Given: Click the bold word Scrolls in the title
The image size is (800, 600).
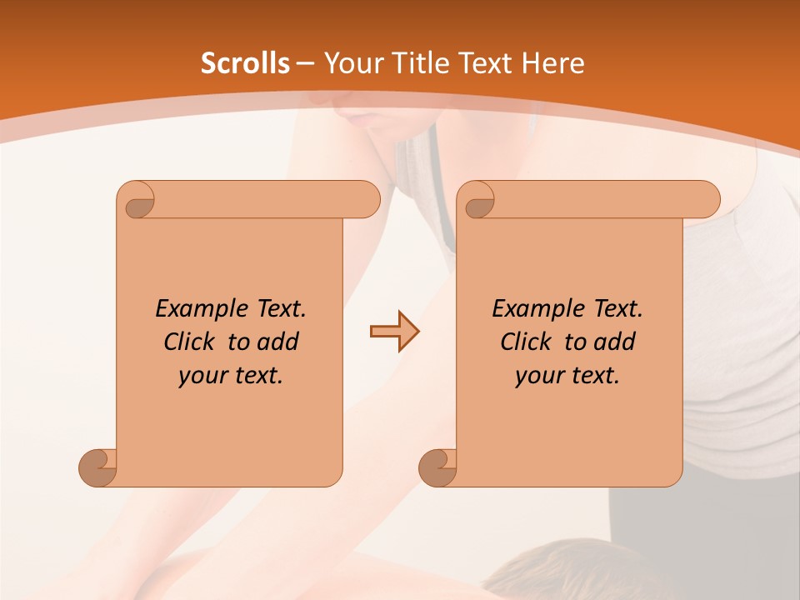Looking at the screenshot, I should [x=245, y=63].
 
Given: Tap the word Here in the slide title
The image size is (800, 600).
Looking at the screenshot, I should [x=552, y=63].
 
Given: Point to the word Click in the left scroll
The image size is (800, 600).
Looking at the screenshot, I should [x=189, y=342].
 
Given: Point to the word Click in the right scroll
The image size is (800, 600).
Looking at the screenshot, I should [x=526, y=342].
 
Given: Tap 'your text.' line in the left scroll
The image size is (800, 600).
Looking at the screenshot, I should [x=231, y=376].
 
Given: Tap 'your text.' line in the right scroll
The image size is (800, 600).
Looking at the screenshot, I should [x=567, y=376].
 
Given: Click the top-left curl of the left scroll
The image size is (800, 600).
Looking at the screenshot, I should [x=137, y=201].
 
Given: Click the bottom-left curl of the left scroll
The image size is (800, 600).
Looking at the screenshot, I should [x=97, y=467].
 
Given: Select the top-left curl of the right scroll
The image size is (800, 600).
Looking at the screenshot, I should [x=477, y=201].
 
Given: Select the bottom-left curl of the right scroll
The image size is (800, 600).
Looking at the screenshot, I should [x=437, y=467].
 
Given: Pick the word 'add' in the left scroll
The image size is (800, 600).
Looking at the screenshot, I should [x=278, y=342].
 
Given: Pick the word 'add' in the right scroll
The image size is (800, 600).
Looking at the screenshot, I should [x=615, y=342].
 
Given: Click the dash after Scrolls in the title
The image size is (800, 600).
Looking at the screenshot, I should [x=305, y=63].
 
